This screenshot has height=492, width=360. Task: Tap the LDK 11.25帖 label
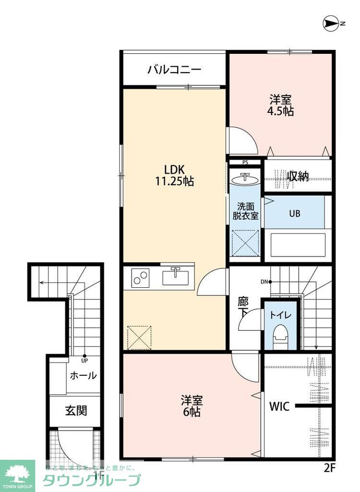tap(175, 175)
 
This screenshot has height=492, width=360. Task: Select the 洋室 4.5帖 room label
tap(281, 105)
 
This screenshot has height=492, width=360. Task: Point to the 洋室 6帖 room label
tap(191, 406)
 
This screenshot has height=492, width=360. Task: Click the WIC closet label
tap(279, 406)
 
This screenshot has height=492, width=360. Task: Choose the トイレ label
tap(279, 316)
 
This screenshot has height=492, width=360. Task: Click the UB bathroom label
tap(294, 213)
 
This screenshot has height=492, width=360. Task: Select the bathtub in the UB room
tap(298, 245)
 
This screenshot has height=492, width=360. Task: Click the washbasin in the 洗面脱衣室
tap(245, 179)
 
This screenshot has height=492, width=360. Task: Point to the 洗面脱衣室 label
tap(245, 211)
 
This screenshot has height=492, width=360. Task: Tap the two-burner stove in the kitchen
tap(140, 278)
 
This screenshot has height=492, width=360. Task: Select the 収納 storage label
tap(298, 176)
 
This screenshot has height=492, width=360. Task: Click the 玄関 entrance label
tap(76, 411)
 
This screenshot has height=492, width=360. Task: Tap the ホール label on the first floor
tap(83, 376)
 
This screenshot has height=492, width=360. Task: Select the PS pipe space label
tap(245, 162)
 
